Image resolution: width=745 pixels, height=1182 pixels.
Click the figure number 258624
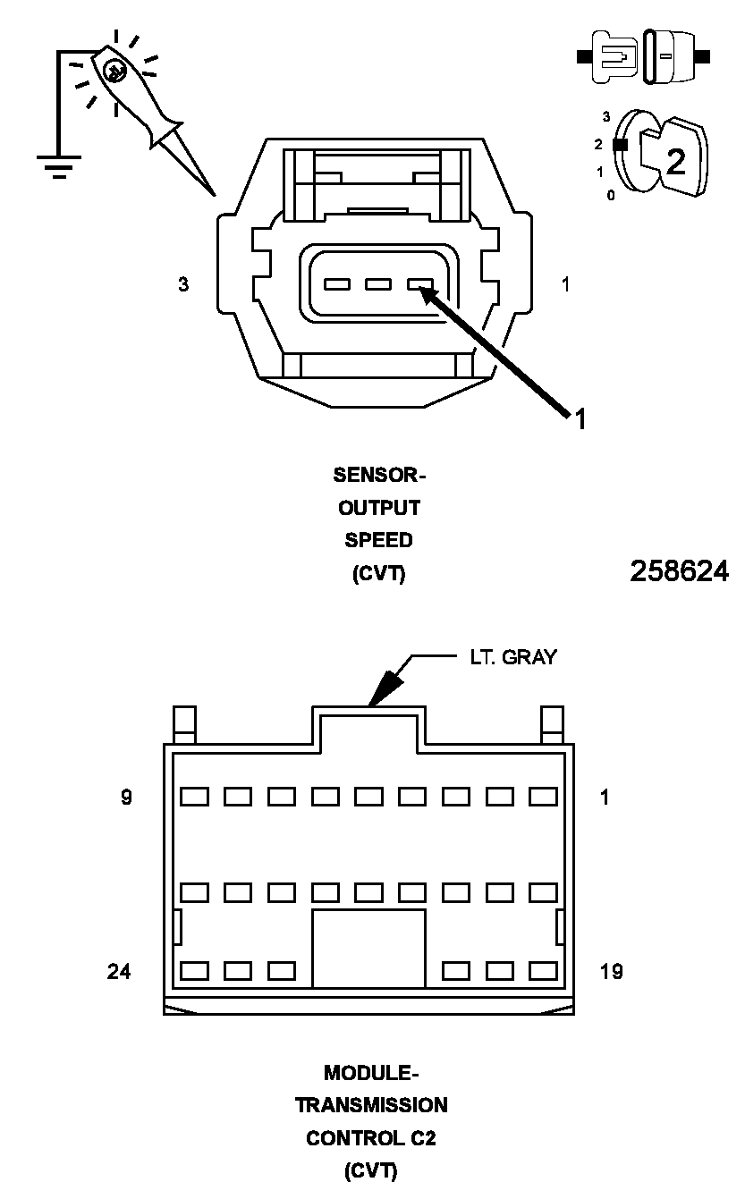pos(679,571)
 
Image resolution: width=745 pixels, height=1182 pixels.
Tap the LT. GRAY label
pos(512,657)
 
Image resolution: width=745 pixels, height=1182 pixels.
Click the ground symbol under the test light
pos(59,165)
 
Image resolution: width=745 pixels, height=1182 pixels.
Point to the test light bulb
pos(114,71)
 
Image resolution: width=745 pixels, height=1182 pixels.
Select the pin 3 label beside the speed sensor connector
pos(183,285)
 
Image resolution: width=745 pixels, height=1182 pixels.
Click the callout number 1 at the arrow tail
pos(580,418)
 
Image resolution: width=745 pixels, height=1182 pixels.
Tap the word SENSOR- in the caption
pos(374,475)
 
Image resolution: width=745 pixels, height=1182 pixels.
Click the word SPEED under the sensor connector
pos(378,540)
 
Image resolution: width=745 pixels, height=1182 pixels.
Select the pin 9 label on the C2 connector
pos(127,797)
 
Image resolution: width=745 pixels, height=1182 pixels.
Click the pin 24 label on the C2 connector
pos(119,970)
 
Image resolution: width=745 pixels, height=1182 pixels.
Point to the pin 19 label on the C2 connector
pos(611,970)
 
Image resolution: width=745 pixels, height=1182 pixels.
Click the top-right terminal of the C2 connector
pos(543,796)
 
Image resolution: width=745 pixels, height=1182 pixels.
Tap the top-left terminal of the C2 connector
pos(194,796)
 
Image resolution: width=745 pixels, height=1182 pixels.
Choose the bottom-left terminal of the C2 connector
pos(194,970)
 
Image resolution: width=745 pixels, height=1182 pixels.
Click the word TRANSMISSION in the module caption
pos(371,1105)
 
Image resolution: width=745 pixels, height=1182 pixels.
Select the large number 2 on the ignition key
pos(675,162)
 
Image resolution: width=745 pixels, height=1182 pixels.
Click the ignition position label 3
pos(606,116)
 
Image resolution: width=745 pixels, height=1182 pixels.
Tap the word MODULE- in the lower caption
pos(370,1072)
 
